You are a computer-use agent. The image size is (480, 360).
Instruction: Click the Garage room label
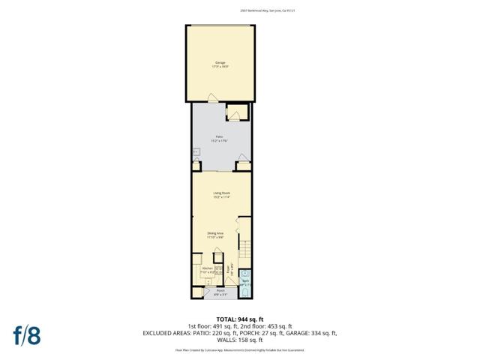pos(220,62)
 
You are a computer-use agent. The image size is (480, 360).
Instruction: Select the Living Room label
pos(220,193)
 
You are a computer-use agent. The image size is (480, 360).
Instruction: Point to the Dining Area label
pos(216,233)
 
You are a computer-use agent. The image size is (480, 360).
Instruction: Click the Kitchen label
pos(207,267)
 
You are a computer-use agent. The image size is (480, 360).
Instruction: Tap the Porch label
pos(220,290)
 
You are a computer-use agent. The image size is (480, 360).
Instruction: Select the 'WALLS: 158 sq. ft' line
pos(239,339)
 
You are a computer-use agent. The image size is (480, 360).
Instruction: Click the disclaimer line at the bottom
pos(239,349)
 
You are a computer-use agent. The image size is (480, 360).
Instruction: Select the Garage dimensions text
pos(220,66)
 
